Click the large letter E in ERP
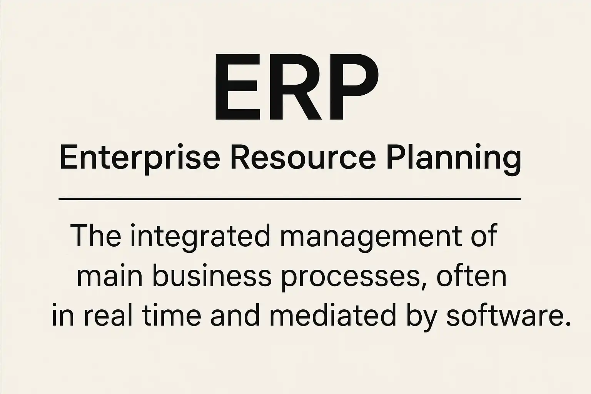(236, 87)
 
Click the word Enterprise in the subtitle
(140, 159)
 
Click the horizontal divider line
(290, 199)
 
